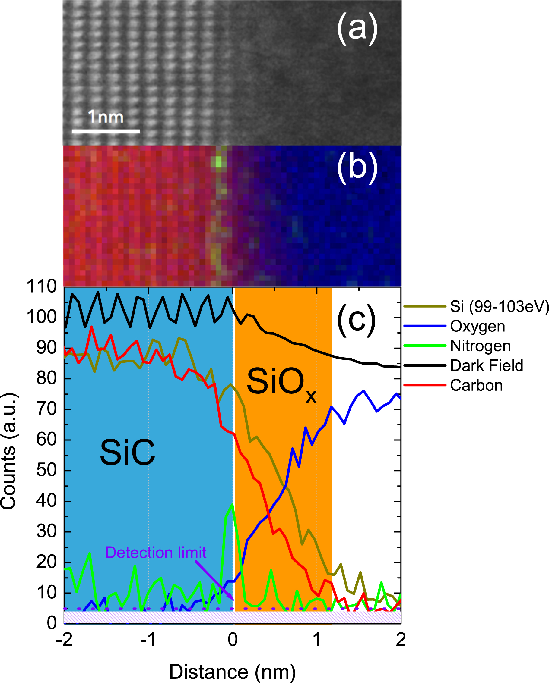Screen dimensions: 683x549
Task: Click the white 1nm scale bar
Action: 106,131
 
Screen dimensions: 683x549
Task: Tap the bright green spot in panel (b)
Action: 219,162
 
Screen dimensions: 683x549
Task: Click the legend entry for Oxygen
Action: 477,326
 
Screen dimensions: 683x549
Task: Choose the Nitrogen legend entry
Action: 480,346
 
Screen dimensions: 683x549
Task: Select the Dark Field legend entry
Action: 486,365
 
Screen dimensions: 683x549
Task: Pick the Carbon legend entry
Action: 476,386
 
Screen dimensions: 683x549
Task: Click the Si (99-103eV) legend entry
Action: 499,306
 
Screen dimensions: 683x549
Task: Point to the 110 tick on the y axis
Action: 41,287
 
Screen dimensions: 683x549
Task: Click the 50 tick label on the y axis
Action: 46,470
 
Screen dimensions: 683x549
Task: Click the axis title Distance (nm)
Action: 233,672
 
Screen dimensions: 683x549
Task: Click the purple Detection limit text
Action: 156,553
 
